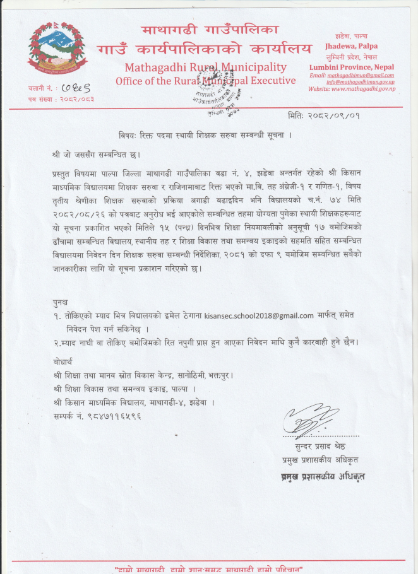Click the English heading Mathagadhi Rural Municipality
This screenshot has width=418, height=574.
pyautogui.click(x=205, y=67)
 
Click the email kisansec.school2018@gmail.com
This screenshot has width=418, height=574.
pyautogui.click(x=259, y=315)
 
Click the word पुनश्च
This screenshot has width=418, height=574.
pyautogui.click(x=61, y=302)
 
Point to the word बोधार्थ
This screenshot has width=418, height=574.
pyautogui.click(x=62, y=362)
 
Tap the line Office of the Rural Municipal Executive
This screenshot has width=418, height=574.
pyautogui.click(x=205, y=81)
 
